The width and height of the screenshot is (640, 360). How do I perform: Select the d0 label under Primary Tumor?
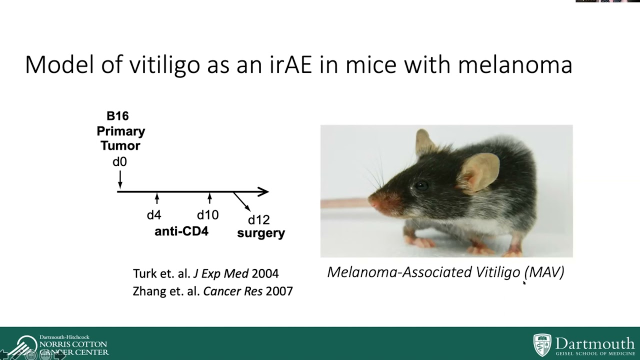pyautogui.click(x=119, y=161)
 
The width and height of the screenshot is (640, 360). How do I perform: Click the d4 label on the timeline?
pyautogui.click(x=154, y=215)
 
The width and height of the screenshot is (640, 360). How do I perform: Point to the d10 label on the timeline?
pyautogui.click(x=207, y=215)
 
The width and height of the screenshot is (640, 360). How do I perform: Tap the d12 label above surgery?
pyautogui.click(x=258, y=220)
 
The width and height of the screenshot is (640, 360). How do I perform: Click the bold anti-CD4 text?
pyautogui.click(x=181, y=231)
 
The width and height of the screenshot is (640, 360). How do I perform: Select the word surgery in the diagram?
pyautogui.click(x=261, y=233)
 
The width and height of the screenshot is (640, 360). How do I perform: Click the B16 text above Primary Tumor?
pyautogui.click(x=118, y=116)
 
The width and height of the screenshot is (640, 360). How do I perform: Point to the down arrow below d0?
pyautogui.click(x=120, y=178)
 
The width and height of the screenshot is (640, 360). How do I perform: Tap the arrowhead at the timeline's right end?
pyautogui.click(x=264, y=191)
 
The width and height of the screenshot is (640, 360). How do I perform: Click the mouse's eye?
pyautogui.click(x=421, y=186)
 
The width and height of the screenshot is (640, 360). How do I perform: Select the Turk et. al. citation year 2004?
pyautogui.click(x=265, y=273)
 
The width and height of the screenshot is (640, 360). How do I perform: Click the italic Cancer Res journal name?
pyautogui.click(x=232, y=291)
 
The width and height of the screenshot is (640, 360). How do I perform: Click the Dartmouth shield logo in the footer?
pyautogui.click(x=542, y=345)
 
